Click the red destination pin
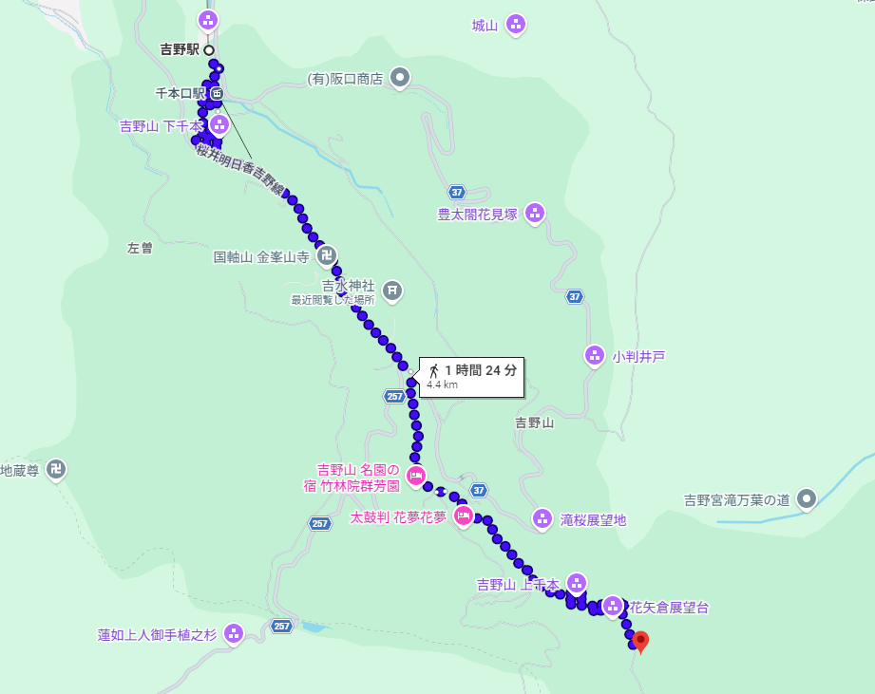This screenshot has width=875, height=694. tap(641, 642)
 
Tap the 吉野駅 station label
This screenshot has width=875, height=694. tap(181, 49)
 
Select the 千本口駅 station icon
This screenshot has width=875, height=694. tap(218, 93)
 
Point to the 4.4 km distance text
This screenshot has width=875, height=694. tap(443, 385)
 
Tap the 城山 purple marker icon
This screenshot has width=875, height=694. tap(516, 25)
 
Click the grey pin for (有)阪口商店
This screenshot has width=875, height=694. tap(401, 78)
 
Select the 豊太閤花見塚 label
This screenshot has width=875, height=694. tap(477, 215)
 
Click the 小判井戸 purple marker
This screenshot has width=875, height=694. tap(595, 356)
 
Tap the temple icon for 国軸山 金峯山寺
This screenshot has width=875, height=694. tap(327, 255)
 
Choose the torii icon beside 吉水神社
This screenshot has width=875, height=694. tap(392, 290)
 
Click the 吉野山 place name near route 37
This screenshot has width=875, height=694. tap(534, 422)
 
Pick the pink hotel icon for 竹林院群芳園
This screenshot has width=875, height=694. tap(415, 475)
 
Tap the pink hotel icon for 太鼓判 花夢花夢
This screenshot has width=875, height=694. tap(464, 516)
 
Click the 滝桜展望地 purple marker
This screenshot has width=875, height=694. tap(542, 518)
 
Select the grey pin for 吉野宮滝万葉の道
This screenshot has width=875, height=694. tap(807, 497)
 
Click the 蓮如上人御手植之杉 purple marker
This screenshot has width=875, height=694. tap(234, 633)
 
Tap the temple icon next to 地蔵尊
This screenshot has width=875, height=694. tap(57, 469)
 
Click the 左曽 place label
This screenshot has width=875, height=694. tap(140, 248)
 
